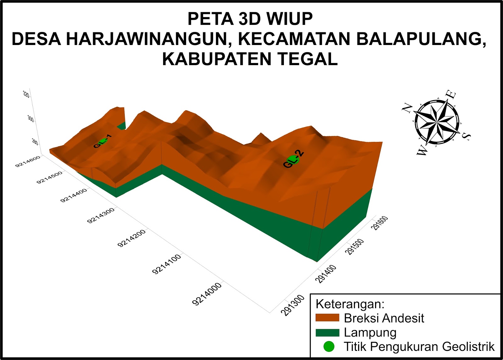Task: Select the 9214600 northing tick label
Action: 28,161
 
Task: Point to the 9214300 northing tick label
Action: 101,216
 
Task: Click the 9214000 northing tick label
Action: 207,294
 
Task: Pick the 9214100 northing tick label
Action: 166,264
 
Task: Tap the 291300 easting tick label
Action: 293,305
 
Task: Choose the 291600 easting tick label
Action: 380,223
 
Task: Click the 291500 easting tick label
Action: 355,246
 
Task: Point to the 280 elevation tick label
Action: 35,142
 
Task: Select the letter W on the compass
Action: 422,151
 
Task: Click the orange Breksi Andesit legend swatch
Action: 327,318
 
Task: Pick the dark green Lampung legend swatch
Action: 327,333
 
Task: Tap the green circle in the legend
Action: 329,346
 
